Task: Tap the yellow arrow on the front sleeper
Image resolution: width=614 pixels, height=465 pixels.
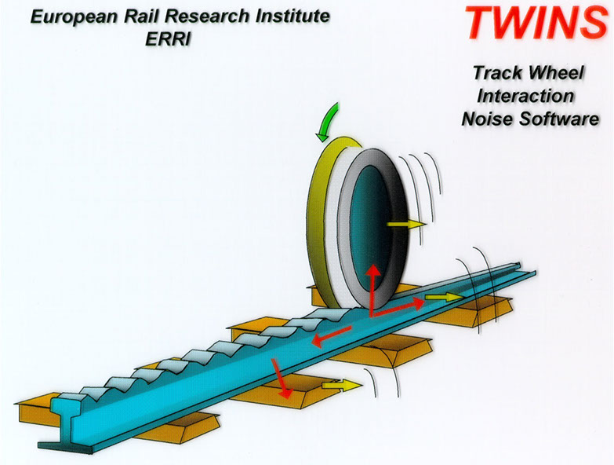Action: click(342, 385)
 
